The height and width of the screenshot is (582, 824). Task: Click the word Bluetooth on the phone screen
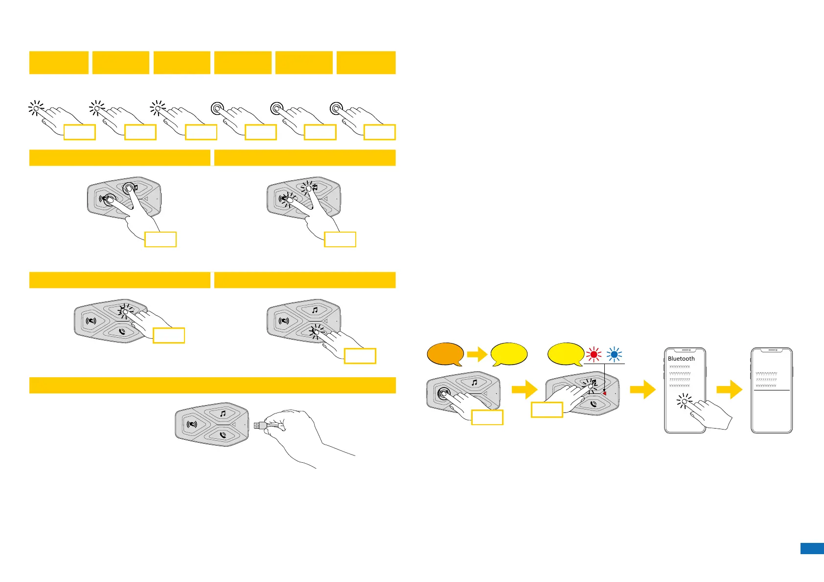point(681,358)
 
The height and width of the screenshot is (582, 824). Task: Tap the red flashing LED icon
point(594,354)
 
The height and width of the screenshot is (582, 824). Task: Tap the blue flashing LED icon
point(615,354)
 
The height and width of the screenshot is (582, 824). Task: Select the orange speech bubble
point(445,354)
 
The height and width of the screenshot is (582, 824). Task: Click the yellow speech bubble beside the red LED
point(565,353)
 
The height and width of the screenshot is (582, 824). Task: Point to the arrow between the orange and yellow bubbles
point(477,354)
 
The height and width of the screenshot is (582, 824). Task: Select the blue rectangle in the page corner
point(812,548)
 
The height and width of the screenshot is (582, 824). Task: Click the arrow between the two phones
point(729,390)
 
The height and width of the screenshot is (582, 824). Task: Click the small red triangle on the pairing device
point(604,392)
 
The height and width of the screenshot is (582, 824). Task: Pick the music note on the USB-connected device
point(223,414)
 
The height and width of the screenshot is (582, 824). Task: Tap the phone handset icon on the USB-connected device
point(223,434)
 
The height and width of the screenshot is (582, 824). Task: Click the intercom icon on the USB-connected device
point(192,424)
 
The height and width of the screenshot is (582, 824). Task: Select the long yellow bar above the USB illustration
point(212,385)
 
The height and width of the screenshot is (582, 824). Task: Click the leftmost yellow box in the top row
point(59,63)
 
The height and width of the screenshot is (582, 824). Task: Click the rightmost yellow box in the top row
point(366,63)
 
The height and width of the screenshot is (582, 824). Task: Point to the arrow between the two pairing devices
point(524,390)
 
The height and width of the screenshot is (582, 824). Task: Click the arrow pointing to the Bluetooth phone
point(642,390)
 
